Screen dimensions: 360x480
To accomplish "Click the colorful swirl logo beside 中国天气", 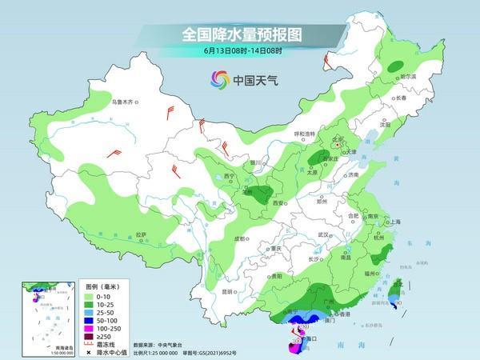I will click(219, 79).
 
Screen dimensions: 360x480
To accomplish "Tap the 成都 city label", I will click(239, 238).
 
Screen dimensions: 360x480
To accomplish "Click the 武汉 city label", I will click(323, 234).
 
